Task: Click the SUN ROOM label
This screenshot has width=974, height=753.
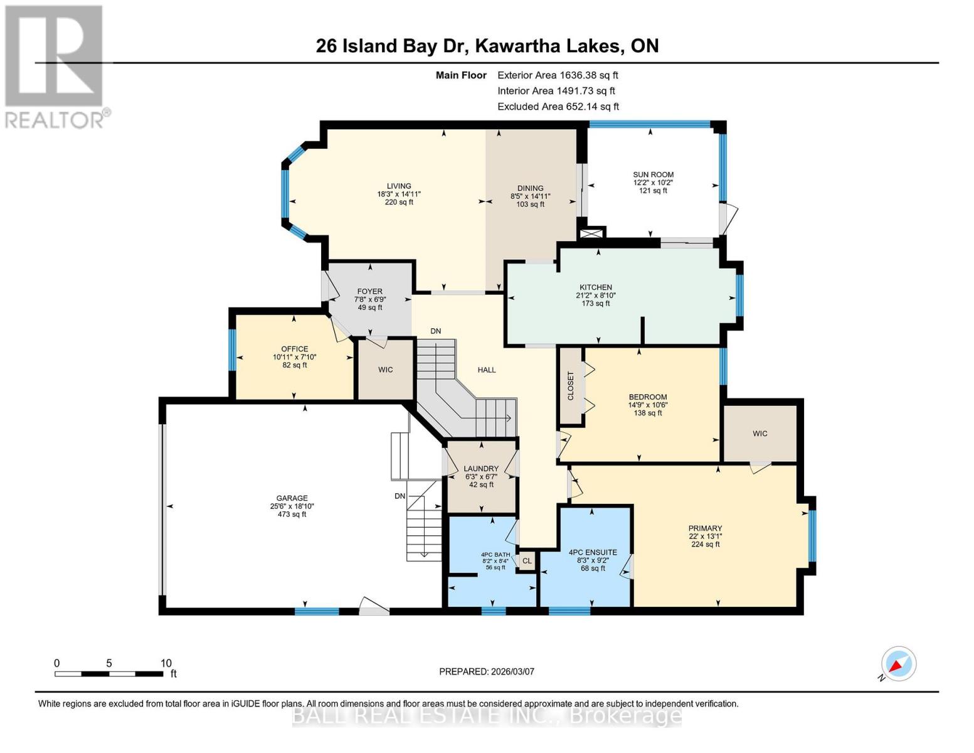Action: click(653, 175)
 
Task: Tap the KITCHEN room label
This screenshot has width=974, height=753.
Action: click(595, 287)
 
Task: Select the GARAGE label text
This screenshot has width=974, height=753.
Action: click(292, 498)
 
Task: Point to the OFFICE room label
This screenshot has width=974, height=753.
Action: click(294, 349)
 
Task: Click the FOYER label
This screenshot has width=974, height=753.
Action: click(369, 291)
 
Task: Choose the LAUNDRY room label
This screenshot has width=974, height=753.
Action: click(481, 469)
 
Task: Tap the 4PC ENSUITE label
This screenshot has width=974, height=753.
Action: click(593, 552)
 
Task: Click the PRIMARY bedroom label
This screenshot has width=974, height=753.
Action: click(705, 528)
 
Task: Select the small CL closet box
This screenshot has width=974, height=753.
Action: click(527, 561)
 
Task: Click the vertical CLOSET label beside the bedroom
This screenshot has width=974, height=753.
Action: click(571, 386)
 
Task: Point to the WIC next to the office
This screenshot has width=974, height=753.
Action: click(385, 370)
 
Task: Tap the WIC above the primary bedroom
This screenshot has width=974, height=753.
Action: click(760, 434)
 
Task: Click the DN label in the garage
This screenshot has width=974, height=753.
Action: click(400, 496)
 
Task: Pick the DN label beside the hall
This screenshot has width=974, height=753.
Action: click(435, 331)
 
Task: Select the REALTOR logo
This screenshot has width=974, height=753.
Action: click(55, 66)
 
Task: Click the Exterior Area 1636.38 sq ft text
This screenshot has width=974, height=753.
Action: click(558, 75)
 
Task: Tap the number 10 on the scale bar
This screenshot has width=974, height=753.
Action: click(166, 663)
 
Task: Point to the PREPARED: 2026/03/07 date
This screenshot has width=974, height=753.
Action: click(487, 671)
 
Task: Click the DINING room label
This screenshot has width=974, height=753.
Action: click(530, 188)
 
